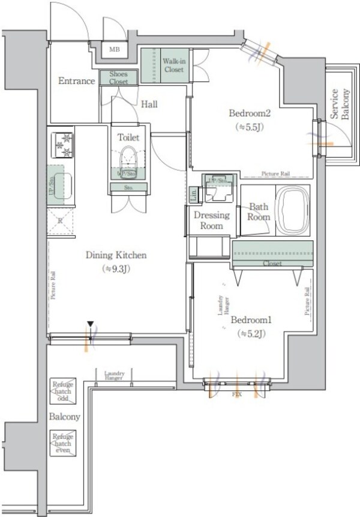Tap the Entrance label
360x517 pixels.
tap(76, 81)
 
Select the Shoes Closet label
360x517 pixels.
tap(118, 77)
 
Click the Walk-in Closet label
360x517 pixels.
tap(173, 65)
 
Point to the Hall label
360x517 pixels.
tap(149, 104)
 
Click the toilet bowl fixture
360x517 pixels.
tap(128, 160)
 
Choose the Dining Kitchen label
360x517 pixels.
tap(116, 255)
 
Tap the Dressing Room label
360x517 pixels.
tap(208, 220)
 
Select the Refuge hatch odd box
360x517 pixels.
tap(62, 391)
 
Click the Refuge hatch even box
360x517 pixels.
tap(62, 442)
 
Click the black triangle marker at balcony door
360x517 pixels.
tap(90, 325)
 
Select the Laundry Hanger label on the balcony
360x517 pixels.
tap(114, 375)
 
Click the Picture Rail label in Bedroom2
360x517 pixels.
tap(276, 174)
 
